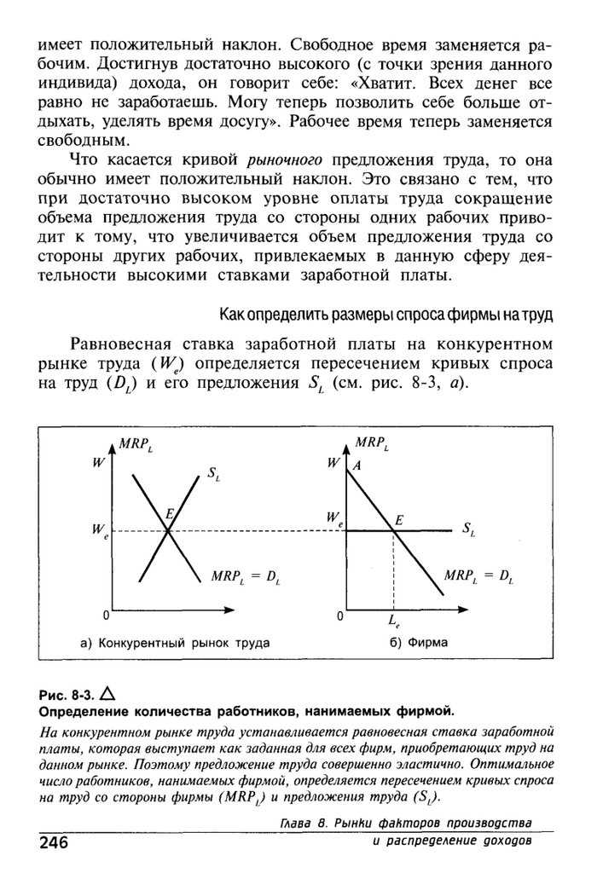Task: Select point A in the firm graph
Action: point(357,465)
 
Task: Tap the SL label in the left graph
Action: point(213,477)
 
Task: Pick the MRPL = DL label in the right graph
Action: point(479,577)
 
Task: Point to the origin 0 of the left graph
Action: point(104,616)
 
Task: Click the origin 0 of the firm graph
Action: point(339,616)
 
